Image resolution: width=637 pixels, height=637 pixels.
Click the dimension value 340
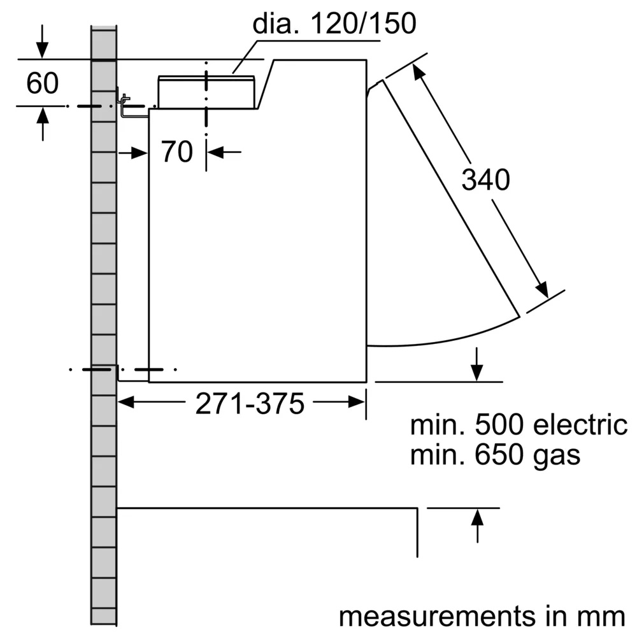point(485,181)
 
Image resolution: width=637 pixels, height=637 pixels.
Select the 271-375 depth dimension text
point(249,403)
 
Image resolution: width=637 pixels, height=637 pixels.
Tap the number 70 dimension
point(176,152)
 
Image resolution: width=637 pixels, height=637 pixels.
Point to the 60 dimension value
point(42,83)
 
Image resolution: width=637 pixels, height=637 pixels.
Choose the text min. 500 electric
point(519,425)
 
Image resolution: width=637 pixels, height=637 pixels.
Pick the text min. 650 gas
point(496,455)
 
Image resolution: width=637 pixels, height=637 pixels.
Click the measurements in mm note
point(482,616)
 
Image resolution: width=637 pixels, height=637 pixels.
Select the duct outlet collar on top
point(206,91)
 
